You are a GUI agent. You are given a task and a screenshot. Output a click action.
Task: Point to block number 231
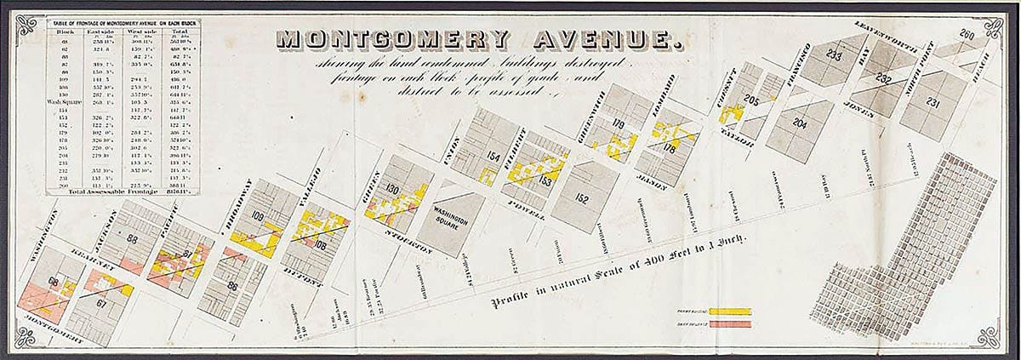[x=933, y=104]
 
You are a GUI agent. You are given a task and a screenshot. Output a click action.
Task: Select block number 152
[x=582, y=198]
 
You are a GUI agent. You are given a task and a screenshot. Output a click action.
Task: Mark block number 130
[x=392, y=189]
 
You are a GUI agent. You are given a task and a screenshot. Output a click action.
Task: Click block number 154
[x=493, y=155]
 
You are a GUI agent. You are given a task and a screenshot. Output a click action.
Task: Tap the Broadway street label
[x=242, y=197]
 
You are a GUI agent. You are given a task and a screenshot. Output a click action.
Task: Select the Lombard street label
[x=670, y=94]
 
